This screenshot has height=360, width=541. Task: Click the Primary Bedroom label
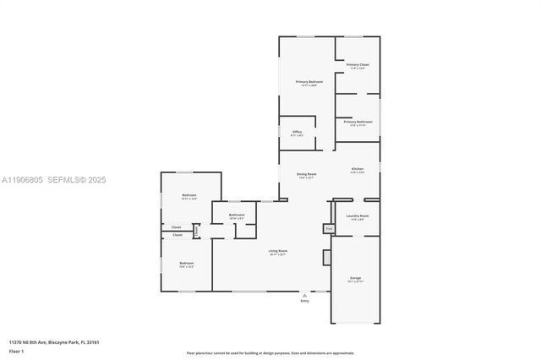[309, 82]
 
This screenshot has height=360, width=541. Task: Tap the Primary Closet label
[358, 64]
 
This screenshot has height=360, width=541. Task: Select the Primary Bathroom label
[358, 122]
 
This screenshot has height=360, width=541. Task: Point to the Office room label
[298, 132]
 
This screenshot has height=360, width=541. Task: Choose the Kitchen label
[358, 169]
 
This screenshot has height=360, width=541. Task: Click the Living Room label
[278, 251]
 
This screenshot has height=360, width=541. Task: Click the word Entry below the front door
[304, 300]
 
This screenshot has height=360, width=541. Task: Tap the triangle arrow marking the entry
[304, 294]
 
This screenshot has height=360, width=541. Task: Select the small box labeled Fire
[328, 228]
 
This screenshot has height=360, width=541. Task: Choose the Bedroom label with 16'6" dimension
[186, 264]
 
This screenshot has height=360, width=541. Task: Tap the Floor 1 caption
[17, 350]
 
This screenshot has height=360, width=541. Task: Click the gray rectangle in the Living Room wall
[325, 257]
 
